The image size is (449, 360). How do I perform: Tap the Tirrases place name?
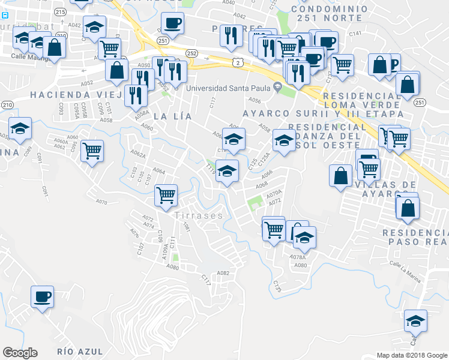(x=199, y=215)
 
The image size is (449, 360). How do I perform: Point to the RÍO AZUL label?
(x=80, y=351)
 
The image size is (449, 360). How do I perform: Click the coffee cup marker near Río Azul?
(x=43, y=297)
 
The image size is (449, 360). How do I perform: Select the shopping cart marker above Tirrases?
(x=166, y=195)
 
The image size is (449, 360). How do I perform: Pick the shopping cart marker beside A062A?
(x=92, y=151)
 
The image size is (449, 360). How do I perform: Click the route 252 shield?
(x=191, y=53)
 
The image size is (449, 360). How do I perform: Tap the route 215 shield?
(x=59, y=11)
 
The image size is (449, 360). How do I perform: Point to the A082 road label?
(x=223, y=273)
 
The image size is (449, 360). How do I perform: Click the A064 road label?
(x=158, y=171)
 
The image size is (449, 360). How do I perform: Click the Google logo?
(x=20, y=353)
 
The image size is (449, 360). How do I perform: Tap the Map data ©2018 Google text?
(x=412, y=355)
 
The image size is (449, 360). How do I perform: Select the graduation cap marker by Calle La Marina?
(x=415, y=320)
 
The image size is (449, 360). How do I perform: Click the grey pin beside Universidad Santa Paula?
(x=277, y=88)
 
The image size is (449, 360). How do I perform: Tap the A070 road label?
(x=101, y=202)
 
